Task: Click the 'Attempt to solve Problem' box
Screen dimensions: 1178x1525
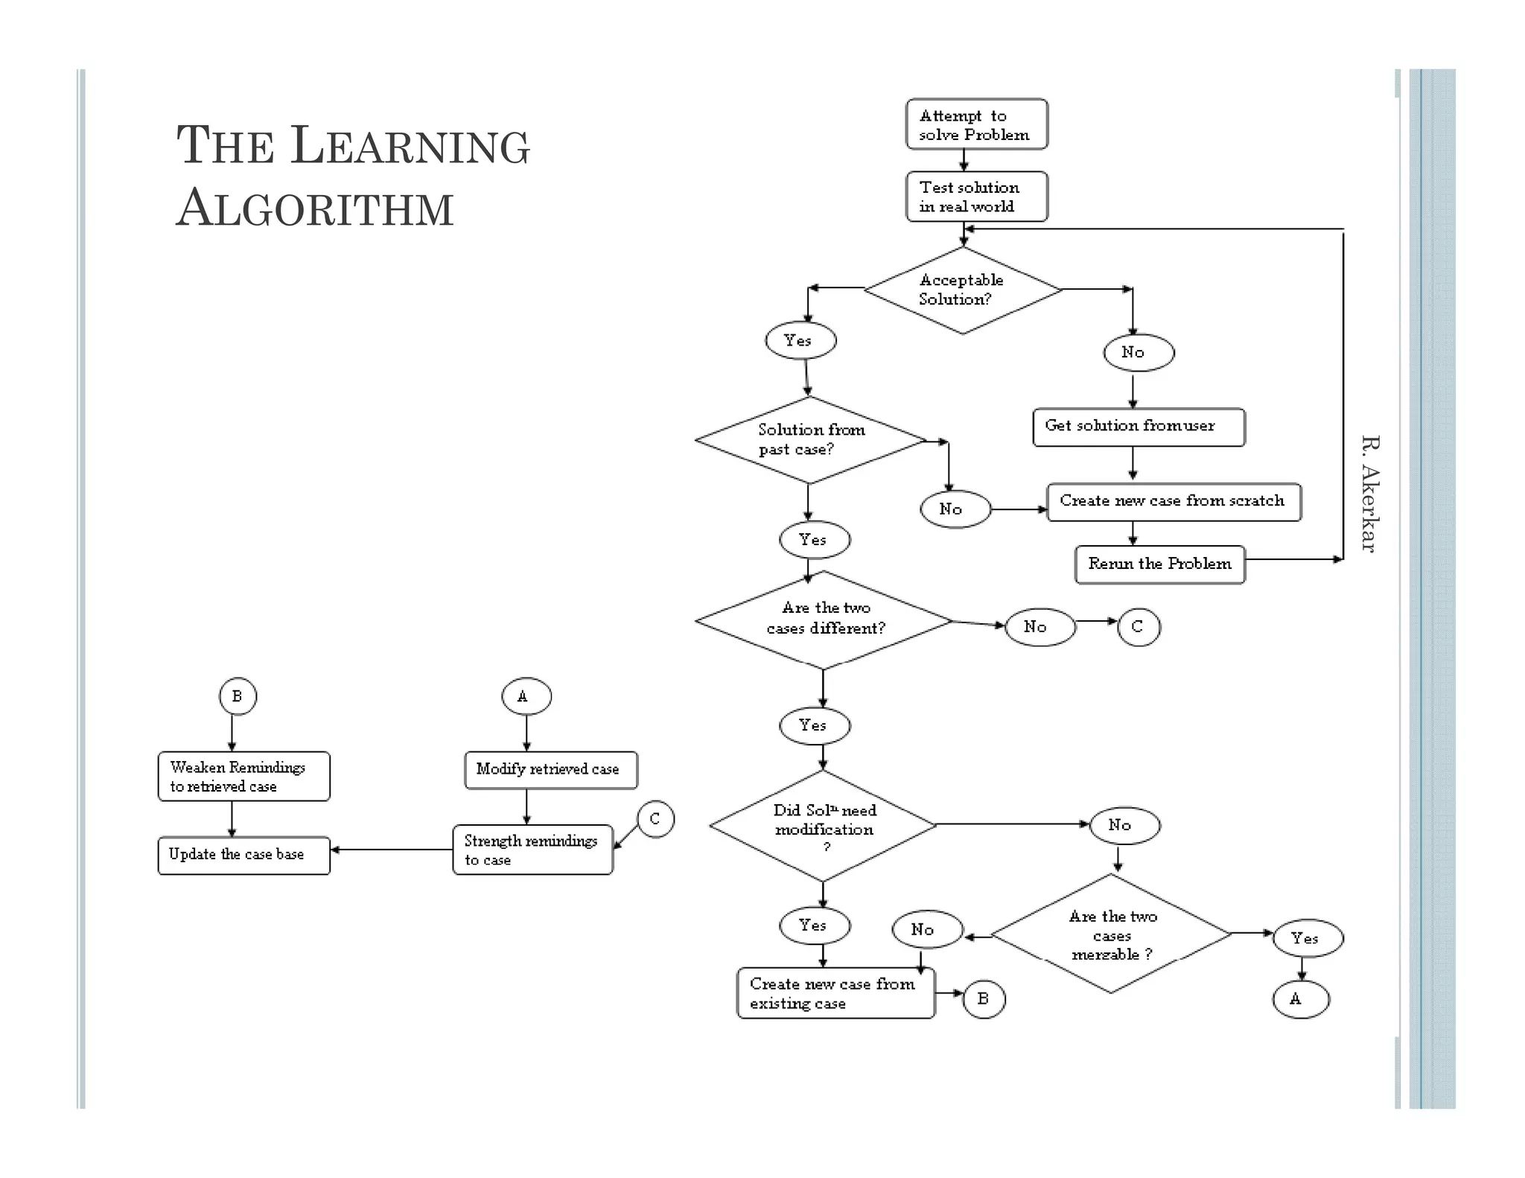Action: point(976,124)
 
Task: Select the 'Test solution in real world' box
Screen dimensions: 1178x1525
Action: point(976,197)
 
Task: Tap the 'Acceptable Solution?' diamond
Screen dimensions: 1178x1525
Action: point(962,290)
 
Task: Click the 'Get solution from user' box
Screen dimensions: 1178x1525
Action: point(1138,427)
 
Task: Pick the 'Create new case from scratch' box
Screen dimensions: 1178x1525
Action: point(1173,502)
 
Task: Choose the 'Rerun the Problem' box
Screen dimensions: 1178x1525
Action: point(1159,564)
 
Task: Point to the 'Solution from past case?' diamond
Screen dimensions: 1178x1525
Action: point(810,440)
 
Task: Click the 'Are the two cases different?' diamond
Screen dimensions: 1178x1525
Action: point(824,620)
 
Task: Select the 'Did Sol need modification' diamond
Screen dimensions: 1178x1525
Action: point(823,825)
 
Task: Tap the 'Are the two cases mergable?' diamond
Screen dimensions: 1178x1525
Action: point(1111,934)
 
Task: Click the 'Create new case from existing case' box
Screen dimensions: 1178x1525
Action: point(835,993)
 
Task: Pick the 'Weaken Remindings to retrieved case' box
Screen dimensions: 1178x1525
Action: point(243,777)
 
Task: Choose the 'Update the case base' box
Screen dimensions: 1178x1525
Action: point(243,855)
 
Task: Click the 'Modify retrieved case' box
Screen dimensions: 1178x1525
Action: point(550,770)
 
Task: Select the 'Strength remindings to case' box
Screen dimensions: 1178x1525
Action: point(532,850)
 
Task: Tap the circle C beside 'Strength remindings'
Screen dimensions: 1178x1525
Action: point(655,819)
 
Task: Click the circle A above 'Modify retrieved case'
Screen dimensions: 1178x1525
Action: point(526,696)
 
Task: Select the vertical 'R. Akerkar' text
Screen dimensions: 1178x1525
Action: point(1369,494)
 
